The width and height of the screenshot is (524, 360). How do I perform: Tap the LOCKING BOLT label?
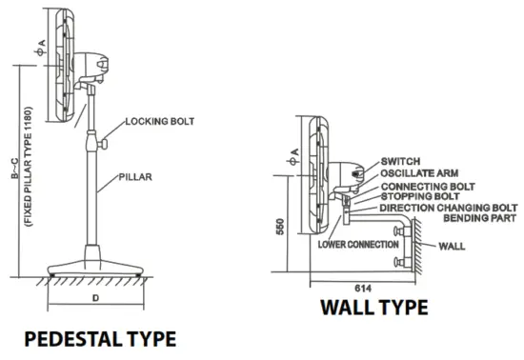click(x=161, y=121)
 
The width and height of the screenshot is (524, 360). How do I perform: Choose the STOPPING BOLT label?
click(x=420, y=196)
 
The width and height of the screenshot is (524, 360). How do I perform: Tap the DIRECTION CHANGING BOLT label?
click(x=448, y=208)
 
